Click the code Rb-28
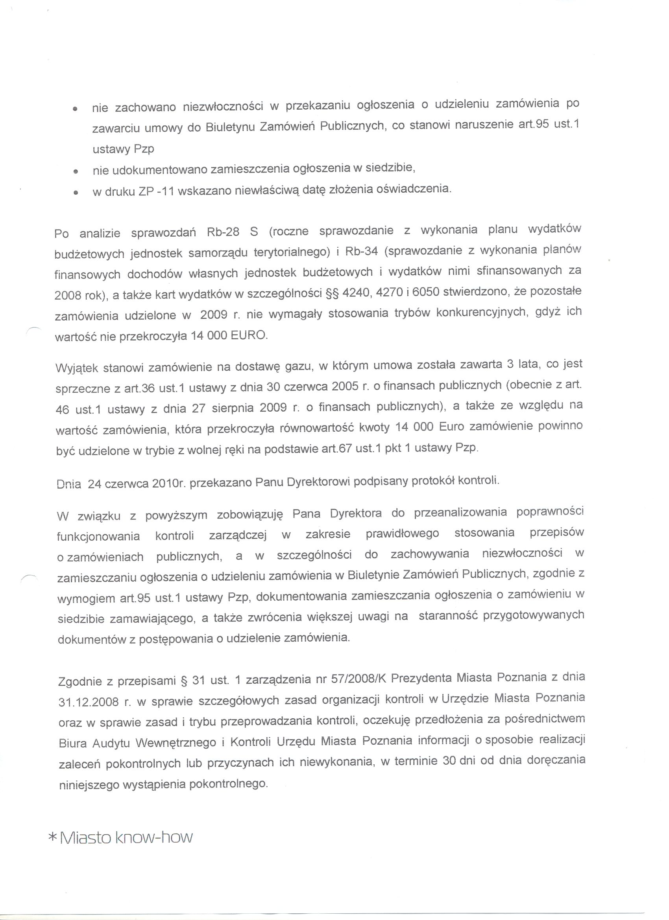223,232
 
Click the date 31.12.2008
89,702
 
